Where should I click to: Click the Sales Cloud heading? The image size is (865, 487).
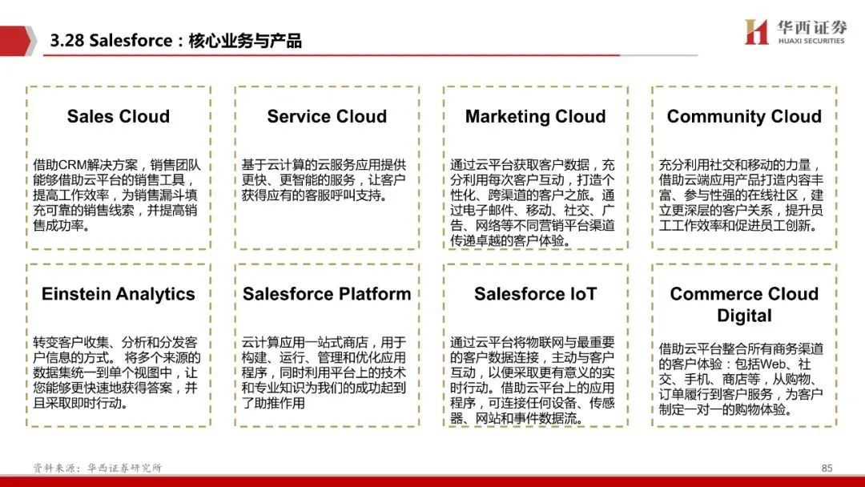coord(118,116)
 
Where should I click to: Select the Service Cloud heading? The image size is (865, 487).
coord(327,116)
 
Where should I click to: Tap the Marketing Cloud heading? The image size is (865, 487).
coord(535,117)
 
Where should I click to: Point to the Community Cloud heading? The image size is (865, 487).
coord(744,117)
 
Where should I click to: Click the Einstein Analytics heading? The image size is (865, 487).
coord(118,294)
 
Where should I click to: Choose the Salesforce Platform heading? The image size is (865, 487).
coord(327,294)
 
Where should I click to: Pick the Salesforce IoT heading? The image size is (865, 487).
coord(535,294)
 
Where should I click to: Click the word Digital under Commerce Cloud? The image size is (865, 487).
coord(744,316)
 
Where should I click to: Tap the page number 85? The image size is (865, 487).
coord(827,469)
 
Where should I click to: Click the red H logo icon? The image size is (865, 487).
coord(756,31)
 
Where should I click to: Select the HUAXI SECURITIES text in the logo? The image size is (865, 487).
coord(811,41)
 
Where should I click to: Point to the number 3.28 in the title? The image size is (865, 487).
coord(66,41)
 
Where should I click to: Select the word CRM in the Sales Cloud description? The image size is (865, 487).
coord(70,165)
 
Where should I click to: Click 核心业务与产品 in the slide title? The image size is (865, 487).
coord(245,41)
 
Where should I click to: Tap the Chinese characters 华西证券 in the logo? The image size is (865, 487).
coord(811,27)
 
